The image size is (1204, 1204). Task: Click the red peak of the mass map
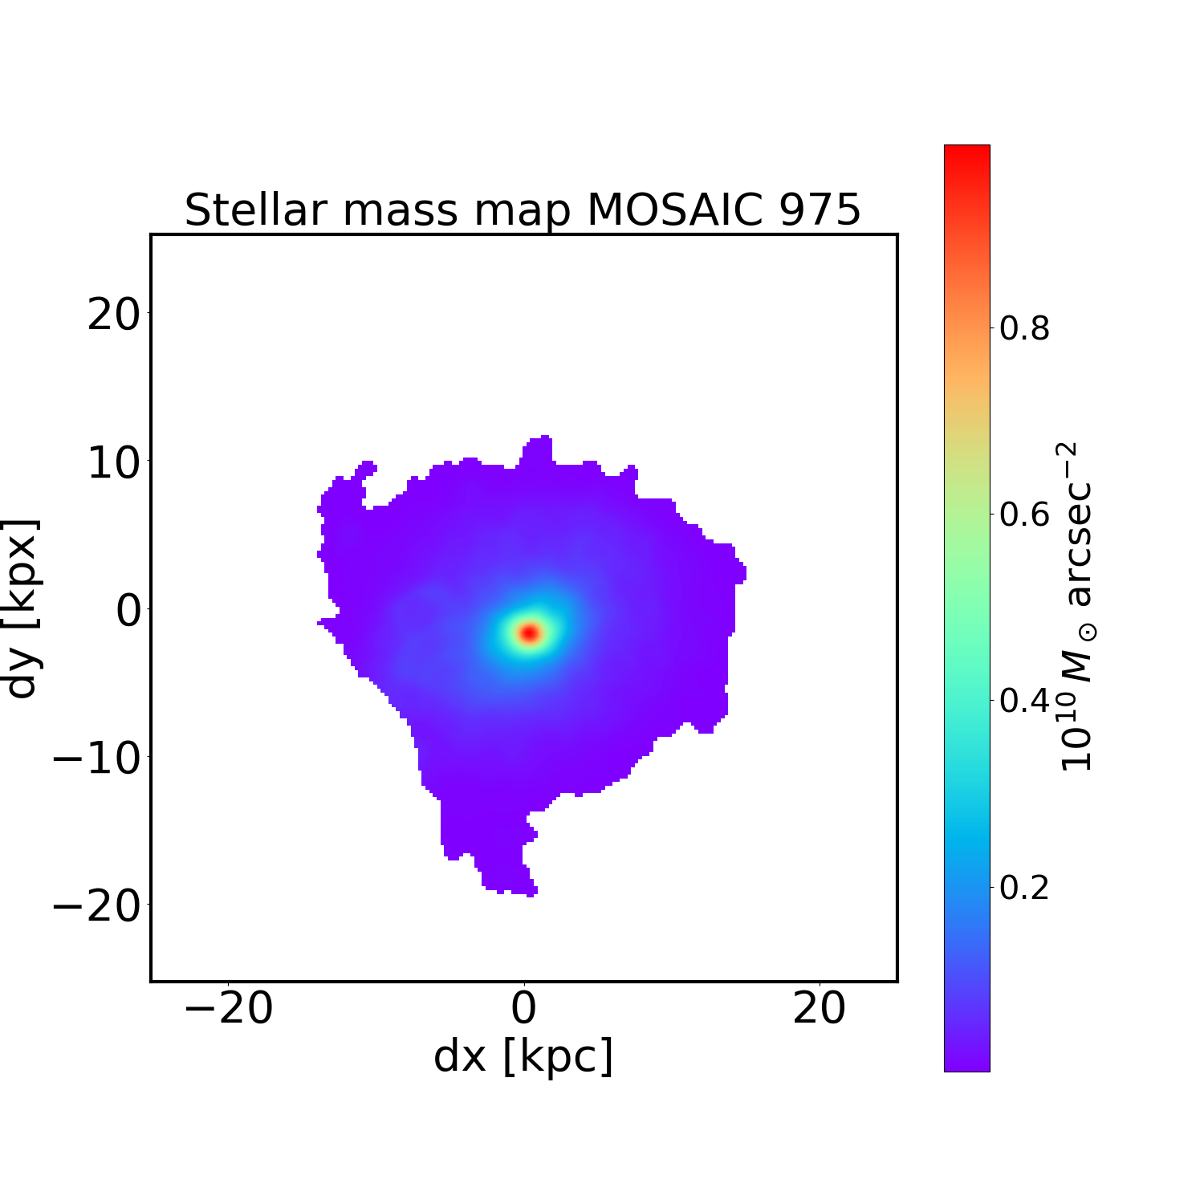point(529,633)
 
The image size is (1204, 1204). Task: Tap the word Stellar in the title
point(257,210)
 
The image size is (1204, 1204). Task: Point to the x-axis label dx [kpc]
point(523,1056)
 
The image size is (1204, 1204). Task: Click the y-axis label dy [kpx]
point(22,608)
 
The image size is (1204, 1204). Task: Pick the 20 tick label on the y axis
point(113,315)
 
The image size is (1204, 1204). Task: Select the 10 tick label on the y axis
point(113,462)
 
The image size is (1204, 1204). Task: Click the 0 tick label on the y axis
point(128,610)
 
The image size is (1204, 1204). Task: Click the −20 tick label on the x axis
point(228,1008)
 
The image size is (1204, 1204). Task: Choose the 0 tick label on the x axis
point(523,1008)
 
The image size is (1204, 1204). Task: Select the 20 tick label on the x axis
point(819,1008)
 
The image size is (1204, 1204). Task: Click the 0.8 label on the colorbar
point(1024,328)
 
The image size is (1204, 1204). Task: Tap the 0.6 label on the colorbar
point(1024,515)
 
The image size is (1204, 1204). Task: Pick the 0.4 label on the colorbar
point(1024,701)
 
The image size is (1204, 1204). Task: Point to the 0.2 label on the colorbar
point(1024,888)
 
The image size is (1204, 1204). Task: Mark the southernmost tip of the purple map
point(531,893)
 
